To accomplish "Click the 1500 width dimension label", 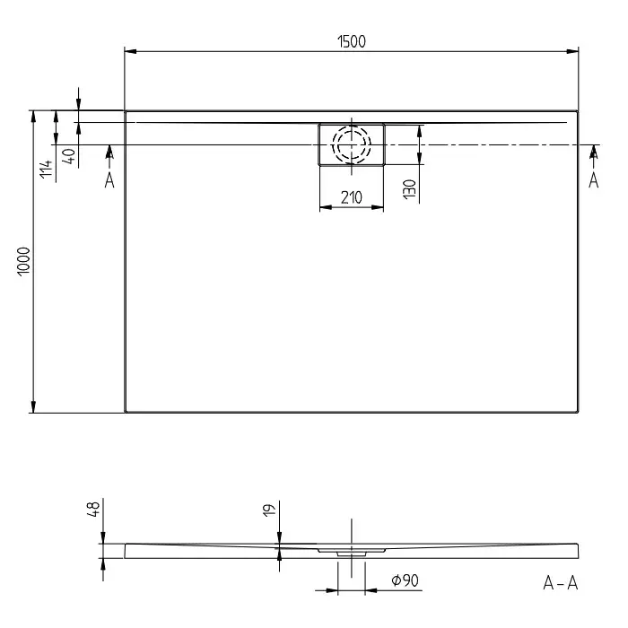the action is pos(352,41).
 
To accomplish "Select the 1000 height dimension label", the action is pos(24,261).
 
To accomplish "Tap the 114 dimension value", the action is pos(47,169).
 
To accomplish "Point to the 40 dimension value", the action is pos(69,156).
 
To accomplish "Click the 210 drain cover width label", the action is pos(352,197).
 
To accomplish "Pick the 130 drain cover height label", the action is pos(409,189).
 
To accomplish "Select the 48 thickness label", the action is pos(93,509).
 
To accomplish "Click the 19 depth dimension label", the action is pos(270,510).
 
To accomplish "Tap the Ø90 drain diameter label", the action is pos(405,580).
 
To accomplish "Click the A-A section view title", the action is pos(561,583).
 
